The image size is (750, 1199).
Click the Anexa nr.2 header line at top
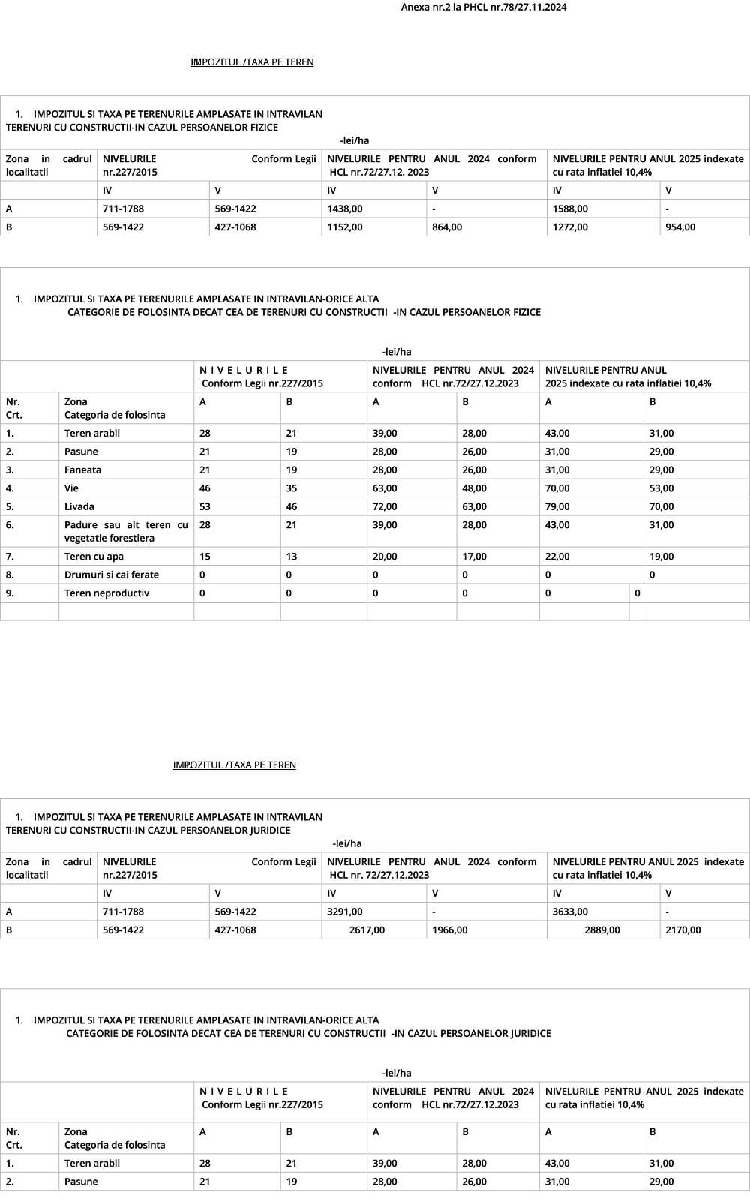[x=483, y=8]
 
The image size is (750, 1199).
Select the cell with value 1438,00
[x=345, y=209]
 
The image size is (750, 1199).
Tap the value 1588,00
[x=570, y=209]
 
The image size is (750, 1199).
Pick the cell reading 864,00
[x=447, y=227]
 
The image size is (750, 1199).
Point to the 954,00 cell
[x=680, y=227]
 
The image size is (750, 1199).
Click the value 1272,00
[x=570, y=227]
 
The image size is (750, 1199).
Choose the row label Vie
[x=72, y=488]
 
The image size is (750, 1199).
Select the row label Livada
[x=79, y=506]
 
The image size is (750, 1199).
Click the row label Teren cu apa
[x=94, y=557]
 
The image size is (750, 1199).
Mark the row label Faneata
[x=82, y=470]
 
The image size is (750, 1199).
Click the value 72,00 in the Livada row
[x=385, y=506]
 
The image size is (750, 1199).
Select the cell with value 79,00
[x=557, y=506]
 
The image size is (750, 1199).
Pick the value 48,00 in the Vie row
[x=474, y=488]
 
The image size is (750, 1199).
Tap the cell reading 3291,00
[x=345, y=912]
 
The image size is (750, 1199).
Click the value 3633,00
[x=570, y=912]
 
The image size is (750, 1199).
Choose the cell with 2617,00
[x=367, y=930]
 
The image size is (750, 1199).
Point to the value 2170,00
[x=682, y=930]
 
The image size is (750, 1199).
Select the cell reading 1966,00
[x=450, y=930]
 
